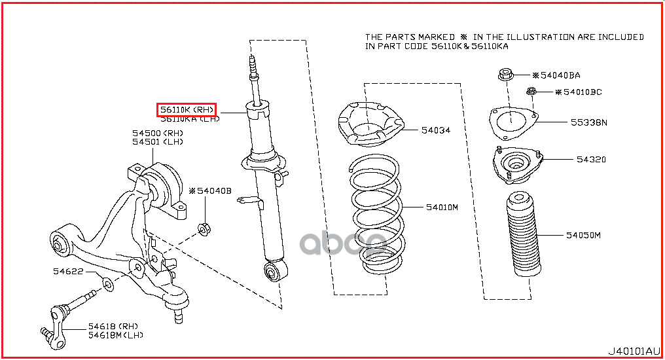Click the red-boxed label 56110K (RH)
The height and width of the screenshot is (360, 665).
[187, 109]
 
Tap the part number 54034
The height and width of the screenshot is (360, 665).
[435, 130]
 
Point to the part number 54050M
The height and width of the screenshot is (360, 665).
[583, 234]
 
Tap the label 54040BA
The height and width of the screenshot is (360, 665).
[560, 75]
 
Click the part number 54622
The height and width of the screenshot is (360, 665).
[68, 271]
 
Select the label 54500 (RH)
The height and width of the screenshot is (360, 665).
[158, 134]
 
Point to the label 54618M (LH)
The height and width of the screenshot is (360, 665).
[116, 335]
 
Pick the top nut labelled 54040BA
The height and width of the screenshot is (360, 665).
[506, 75]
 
